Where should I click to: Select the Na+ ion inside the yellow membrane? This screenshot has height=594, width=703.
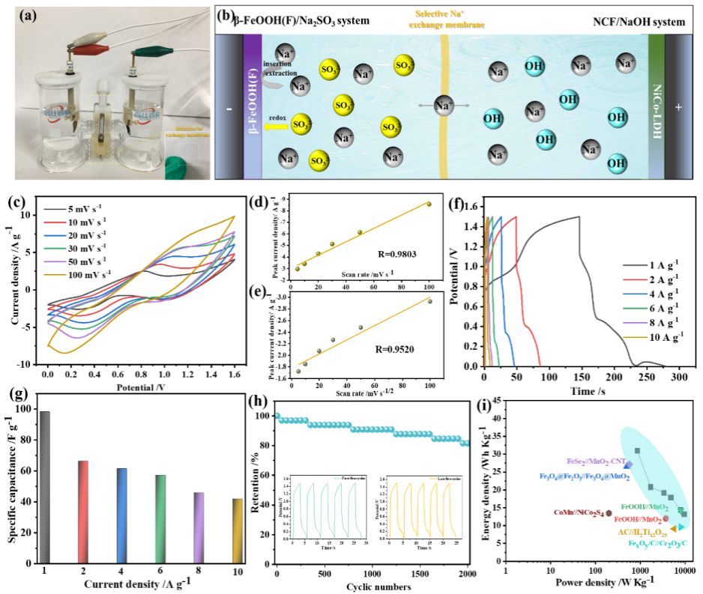pos(444,106)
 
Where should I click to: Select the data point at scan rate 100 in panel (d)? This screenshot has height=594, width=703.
pos(429,204)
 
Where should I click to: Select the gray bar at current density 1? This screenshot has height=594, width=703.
pos(45,487)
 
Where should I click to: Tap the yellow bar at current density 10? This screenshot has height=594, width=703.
pos(237,530)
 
